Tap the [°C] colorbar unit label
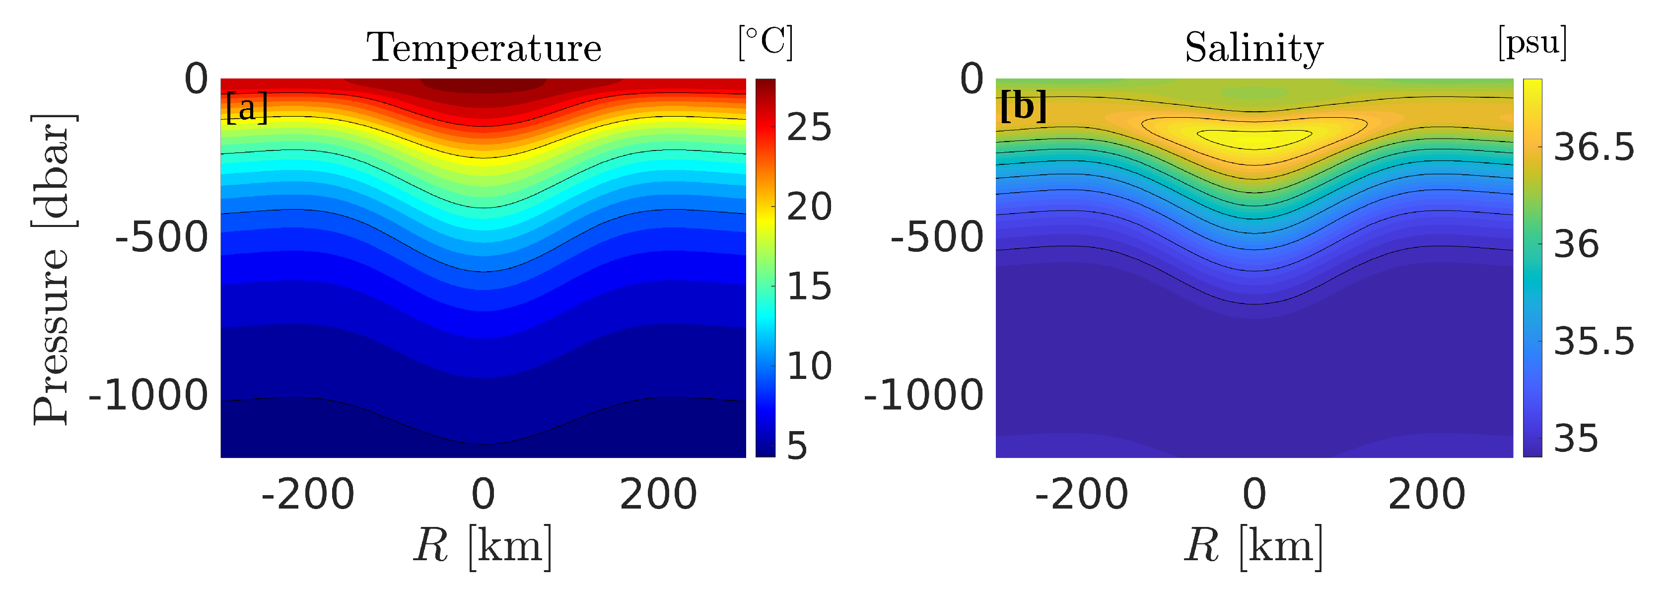click(765, 43)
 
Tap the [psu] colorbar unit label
click(1532, 43)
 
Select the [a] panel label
click(247, 107)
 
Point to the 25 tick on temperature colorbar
click(809, 127)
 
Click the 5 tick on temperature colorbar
click(798, 445)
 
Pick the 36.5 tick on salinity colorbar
click(1594, 148)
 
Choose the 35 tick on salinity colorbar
click(1576, 439)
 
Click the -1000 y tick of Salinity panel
click(924, 395)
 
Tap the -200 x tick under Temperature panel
click(308, 494)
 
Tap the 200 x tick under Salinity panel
click(1426, 494)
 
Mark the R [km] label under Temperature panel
click(483, 546)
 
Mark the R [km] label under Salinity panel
click(1253, 546)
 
